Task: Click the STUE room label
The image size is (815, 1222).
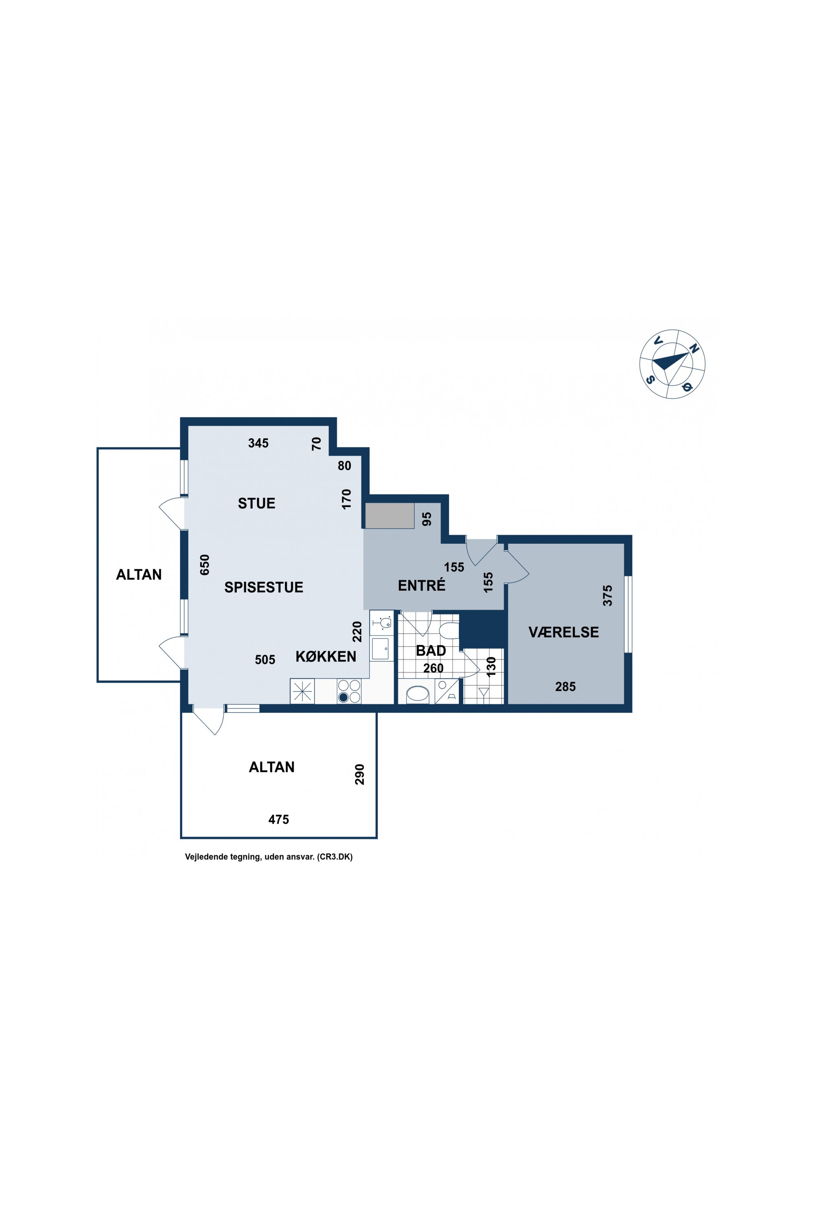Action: point(256,503)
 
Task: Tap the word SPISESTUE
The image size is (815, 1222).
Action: point(264,587)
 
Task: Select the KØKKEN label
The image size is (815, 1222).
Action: point(326,656)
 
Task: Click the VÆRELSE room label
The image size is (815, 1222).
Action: point(564,632)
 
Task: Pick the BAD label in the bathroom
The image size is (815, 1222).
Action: point(431,651)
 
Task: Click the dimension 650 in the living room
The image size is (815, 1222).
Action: point(205,565)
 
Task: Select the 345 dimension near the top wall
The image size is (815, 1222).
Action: point(258,443)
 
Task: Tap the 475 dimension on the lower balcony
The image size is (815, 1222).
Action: point(279,819)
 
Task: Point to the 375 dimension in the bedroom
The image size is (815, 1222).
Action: point(607,596)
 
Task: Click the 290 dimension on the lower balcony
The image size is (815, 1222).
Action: point(359,774)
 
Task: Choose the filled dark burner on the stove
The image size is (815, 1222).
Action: point(344,698)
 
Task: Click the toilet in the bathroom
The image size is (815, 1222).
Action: point(449,631)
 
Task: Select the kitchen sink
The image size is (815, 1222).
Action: point(381,649)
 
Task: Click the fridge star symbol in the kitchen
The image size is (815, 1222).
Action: point(302,692)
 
